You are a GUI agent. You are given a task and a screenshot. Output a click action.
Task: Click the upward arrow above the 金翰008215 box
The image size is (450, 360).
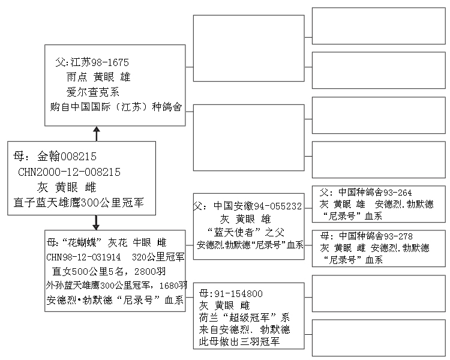[x=97, y=134]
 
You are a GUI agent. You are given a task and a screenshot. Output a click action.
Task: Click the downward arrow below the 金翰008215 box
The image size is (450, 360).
[x=96, y=223]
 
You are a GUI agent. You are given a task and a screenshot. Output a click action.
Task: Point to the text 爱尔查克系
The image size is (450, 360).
[x=92, y=92]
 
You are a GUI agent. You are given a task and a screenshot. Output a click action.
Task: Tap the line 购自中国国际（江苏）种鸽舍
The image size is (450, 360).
[x=116, y=107]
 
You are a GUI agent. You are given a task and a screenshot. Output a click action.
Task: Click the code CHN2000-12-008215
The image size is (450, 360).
[x=69, y=172]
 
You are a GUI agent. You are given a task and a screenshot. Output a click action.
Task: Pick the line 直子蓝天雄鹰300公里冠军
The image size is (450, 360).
[x=79, y=203]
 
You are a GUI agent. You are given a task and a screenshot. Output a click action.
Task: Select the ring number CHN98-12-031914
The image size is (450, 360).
[x=83, y=257]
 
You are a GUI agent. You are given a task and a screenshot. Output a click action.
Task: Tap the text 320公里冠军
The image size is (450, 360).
[x=158, y=257]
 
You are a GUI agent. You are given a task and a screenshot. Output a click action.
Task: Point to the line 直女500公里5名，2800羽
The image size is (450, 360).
[x=109, y=271]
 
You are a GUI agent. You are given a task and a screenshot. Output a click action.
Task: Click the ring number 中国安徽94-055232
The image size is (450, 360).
[x=258, y=206]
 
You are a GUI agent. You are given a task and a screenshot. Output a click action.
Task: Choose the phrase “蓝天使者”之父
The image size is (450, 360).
[x=245, y=232]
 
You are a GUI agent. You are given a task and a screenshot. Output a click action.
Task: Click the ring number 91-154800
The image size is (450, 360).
[x=238, y=293]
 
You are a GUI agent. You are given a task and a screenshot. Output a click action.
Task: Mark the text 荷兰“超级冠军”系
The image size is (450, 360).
[x=244, y=317]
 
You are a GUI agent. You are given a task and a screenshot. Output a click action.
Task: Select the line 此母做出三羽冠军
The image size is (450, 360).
[x=239, y=341]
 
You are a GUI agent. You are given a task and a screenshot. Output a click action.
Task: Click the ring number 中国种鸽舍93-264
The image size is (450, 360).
[x=375, y=193]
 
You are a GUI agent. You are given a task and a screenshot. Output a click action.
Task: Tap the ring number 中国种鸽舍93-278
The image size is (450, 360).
[x=376, y=236]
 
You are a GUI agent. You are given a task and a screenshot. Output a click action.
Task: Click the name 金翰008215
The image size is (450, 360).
[x=67, y=157]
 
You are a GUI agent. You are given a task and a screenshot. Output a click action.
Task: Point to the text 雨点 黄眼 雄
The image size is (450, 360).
[x=98, y=77]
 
